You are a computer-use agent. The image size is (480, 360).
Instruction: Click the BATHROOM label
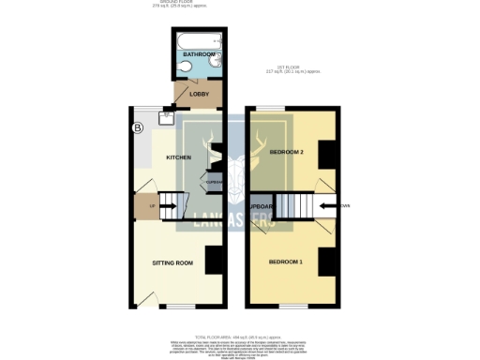(198, 55)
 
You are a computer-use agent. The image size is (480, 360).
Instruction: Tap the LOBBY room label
(199, 94)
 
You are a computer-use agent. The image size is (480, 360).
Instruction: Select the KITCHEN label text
(179, 157)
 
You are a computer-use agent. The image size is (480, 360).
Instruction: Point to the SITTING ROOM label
(172, 262)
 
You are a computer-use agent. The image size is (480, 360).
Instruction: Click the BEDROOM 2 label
(287, 151)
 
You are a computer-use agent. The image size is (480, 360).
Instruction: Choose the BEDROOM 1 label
(286, 261)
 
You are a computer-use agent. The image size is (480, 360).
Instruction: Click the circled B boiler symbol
(137, 127)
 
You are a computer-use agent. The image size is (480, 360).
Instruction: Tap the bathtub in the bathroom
(198, 40)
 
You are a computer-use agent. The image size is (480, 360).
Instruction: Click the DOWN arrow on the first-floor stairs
(327, 204)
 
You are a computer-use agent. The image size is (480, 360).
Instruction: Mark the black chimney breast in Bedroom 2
(327, 155)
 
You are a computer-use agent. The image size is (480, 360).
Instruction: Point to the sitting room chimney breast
(214, 260)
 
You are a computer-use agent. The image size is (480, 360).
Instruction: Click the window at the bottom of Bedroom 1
(292, 306)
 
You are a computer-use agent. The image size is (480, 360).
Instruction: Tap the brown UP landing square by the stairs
(144, 203)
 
